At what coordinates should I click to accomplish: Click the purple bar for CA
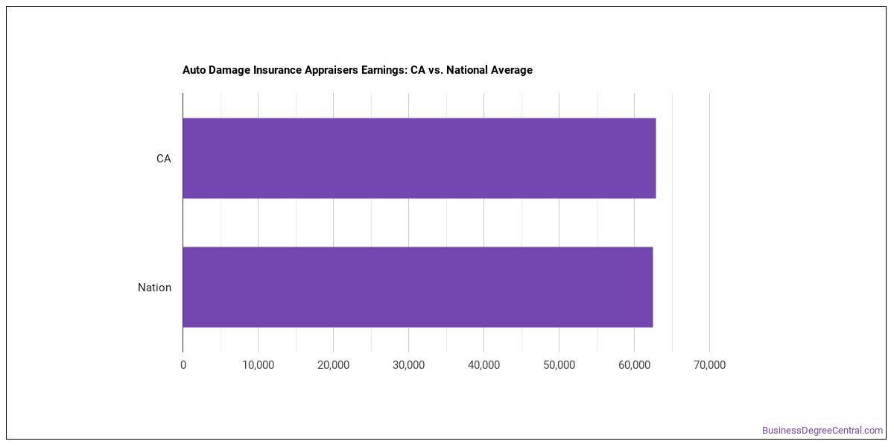click(x=419, y=158)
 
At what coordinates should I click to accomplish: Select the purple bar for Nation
click(x=418, y=287)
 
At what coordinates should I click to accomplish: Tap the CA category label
click(x=164, y=159)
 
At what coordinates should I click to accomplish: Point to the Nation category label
click(x=154, y=288)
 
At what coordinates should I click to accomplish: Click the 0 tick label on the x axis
click(x=183, y=365)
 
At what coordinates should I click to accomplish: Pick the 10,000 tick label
click(x=259, y=365)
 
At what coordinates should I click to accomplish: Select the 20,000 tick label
click(x=333, y=365)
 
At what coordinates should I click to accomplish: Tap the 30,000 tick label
click(x=409, y=365)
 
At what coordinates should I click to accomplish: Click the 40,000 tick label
click(x=484, y=365)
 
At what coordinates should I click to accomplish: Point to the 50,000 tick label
click(x=559, y=365)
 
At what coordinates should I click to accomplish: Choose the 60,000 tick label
click(x=634, y=365)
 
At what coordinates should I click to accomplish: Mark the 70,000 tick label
click(x=709, y=365)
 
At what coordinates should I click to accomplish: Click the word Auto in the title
click(x=194, y=70)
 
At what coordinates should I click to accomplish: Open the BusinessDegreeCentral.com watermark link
click(x=822, y=431)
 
